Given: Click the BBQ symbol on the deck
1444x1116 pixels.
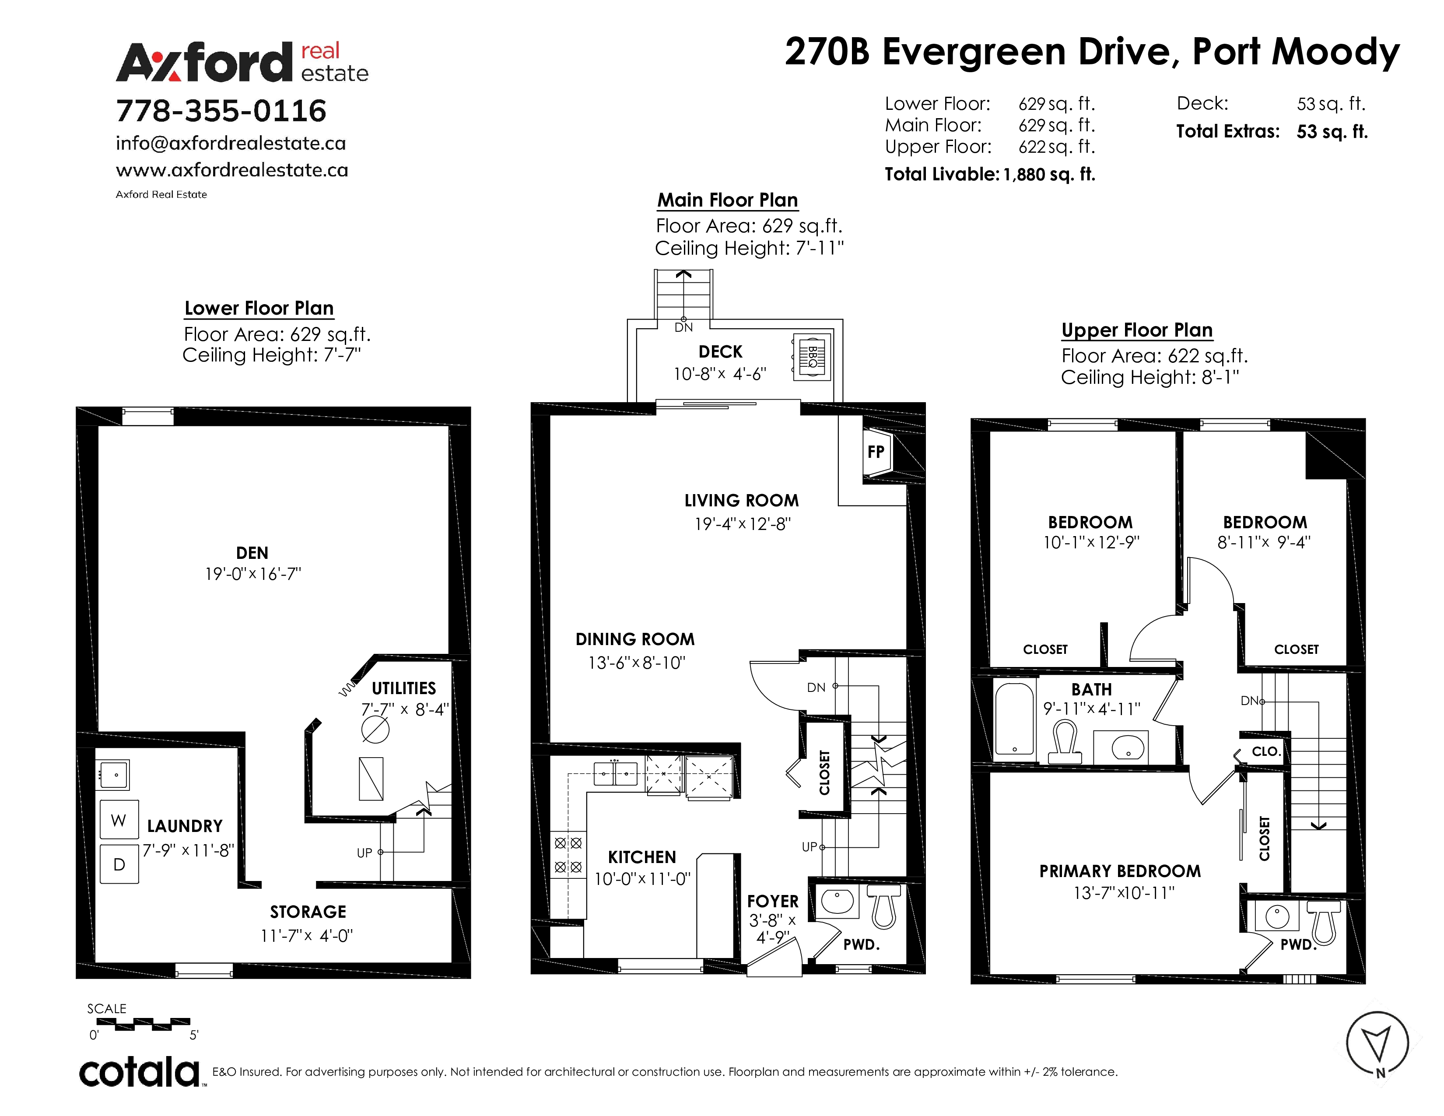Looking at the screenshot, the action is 812,356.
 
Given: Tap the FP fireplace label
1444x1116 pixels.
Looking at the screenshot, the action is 876,452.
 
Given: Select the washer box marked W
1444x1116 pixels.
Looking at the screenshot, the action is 119,820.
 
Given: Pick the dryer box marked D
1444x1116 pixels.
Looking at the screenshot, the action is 119,864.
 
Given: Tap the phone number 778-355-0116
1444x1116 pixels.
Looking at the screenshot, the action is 221,110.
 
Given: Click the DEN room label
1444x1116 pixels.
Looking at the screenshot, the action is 252,553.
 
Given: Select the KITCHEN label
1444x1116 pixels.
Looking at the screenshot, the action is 642,857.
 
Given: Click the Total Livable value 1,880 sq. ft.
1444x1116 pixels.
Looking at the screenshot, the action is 1049,175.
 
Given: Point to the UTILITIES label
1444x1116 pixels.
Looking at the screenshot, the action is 403,688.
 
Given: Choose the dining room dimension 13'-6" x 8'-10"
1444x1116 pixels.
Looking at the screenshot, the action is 637,663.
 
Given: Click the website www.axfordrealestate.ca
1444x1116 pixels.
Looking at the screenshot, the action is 232,170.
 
